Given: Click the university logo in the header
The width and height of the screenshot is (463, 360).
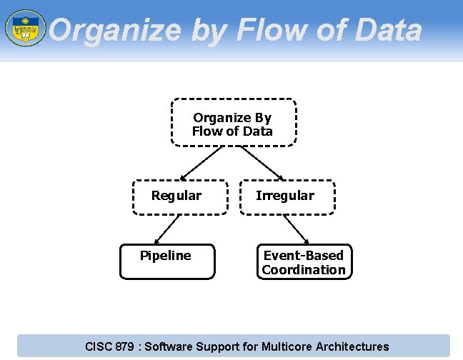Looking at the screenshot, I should pos(25,28).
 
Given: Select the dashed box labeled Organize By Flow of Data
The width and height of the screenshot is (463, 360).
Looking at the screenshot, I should pos(233,123).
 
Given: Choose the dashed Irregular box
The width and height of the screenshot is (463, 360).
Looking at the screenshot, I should pos(287,196).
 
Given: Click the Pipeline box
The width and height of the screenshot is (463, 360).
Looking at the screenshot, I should pos(166,261).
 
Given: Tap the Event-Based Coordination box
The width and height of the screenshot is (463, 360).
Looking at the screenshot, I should pos(304,261).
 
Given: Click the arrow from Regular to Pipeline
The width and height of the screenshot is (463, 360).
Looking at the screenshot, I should pos(167,229).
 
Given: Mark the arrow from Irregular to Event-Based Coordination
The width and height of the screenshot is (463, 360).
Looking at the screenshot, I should pos(295,229).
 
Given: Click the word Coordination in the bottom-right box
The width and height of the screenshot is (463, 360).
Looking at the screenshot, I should pos(304,270).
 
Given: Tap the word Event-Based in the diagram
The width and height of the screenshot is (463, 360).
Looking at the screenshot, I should pos(304,256).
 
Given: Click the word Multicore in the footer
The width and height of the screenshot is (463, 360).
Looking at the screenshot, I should pos(287,347).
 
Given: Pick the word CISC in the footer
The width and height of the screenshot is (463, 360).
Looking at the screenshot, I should pos(99,347).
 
